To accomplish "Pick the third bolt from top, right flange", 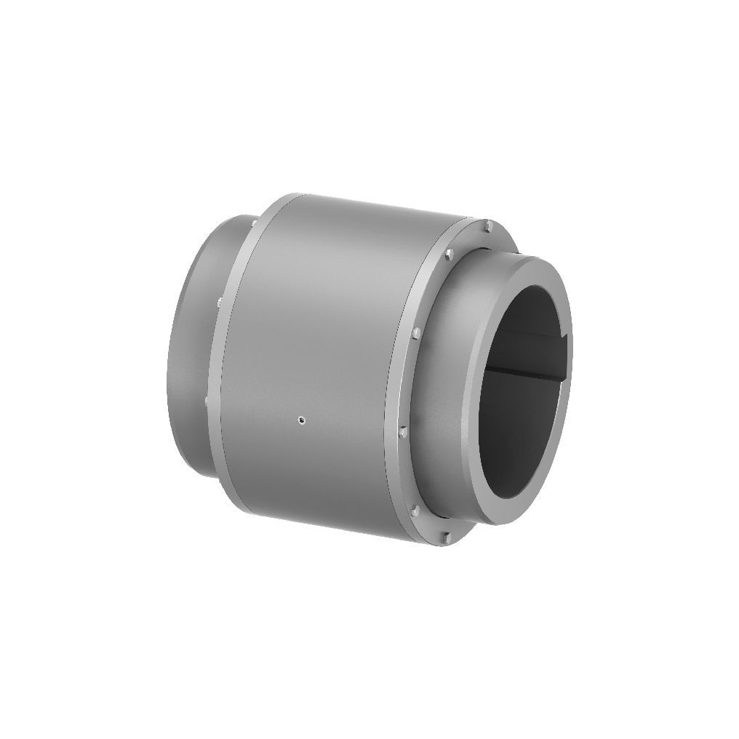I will [x=415, y=334].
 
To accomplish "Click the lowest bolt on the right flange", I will [x=446, y=538].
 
